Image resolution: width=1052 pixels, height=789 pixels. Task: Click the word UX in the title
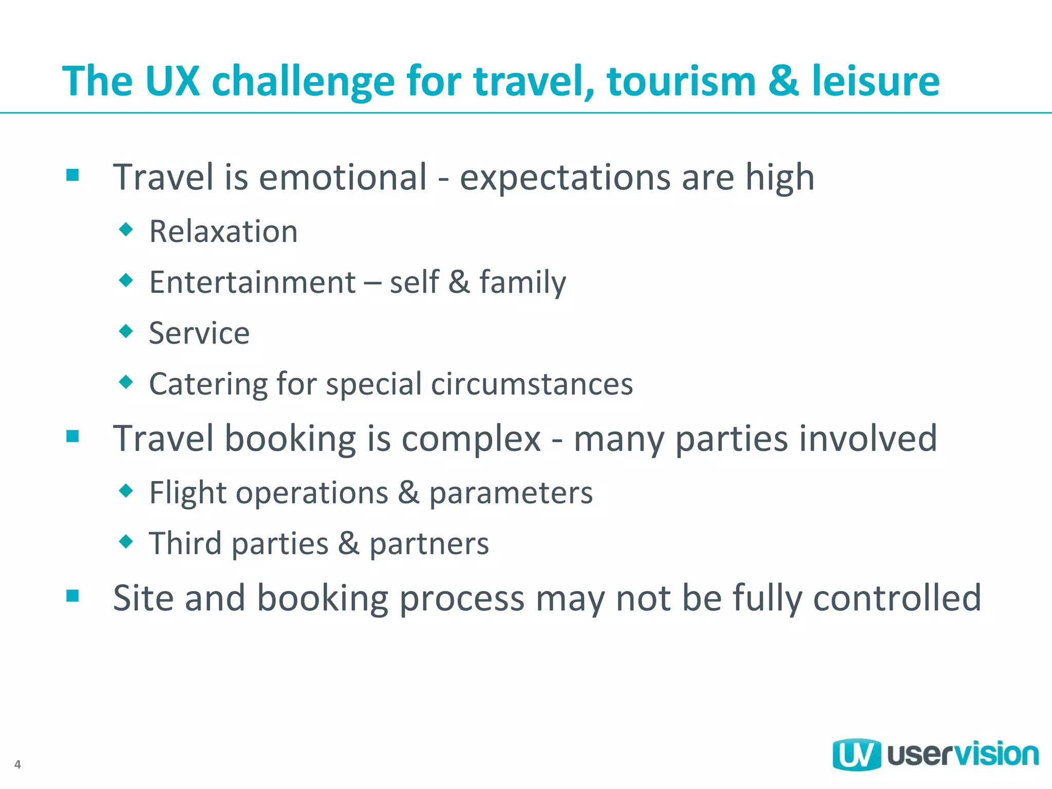pyautogui.click(x=172, y=81)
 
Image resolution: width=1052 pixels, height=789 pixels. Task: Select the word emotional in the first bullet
pyautogui.click(x=343, y=177)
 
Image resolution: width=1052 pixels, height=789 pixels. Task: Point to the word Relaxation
pyautogui.click(x=223, y=231)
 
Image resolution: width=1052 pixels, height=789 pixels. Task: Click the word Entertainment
pyautogui.click(x=252, y=282)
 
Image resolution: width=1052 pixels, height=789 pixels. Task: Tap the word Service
pyautogui.click(x=199, y=333)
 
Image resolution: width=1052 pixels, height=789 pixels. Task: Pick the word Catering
pyautogui.click(x=208, y=384)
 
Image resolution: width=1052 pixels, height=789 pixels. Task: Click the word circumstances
pyautogui.click(x=532, y=384)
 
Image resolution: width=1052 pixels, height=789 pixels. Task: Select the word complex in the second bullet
pyautogui.click(x=471, y=439)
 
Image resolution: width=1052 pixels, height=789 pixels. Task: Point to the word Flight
pyautogui.click(x=187, y=493)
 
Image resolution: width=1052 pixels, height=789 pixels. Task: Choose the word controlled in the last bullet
pyautogui.click(x=897, y=598)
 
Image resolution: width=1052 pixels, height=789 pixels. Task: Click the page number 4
pyautogui.click(x=17, y=764)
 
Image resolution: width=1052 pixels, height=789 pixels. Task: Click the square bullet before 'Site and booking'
pyautogui.click(x=72, y=596)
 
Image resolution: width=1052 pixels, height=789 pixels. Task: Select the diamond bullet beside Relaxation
pyautogui.click(x=126, y=229)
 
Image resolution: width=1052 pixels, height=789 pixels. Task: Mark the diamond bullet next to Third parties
pyautogui.click(x=126, y=541)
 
